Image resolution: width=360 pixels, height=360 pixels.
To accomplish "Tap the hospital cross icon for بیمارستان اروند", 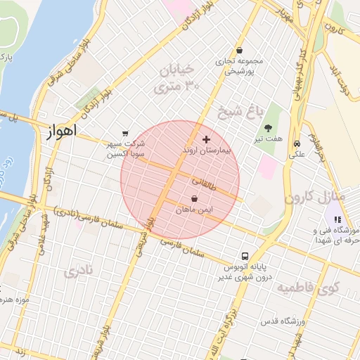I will pyautogui.click(x=205, y=139).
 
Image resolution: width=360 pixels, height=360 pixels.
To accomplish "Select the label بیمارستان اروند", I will pyautogui.click(x=205, y=150).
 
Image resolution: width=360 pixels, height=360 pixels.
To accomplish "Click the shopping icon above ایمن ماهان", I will pyautogui.click(x=194, y=199).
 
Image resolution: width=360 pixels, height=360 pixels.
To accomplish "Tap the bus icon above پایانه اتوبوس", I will pyautogui.click(x=245, y=257).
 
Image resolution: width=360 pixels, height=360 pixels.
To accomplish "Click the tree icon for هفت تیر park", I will pyautogui.click(x=268, y=128).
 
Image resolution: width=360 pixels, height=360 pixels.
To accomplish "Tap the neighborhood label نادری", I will pyautogui.click(x=78, y=272).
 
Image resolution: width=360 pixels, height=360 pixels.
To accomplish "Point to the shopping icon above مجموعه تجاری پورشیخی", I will pyautogui.click(x=240, y=50).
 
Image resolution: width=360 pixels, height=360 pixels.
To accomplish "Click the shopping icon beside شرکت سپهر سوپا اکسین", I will pyautogui.click(x=125, y=133).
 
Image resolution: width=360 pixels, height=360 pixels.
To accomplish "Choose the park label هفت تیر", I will pyautogui.click(x=269, y=139).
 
